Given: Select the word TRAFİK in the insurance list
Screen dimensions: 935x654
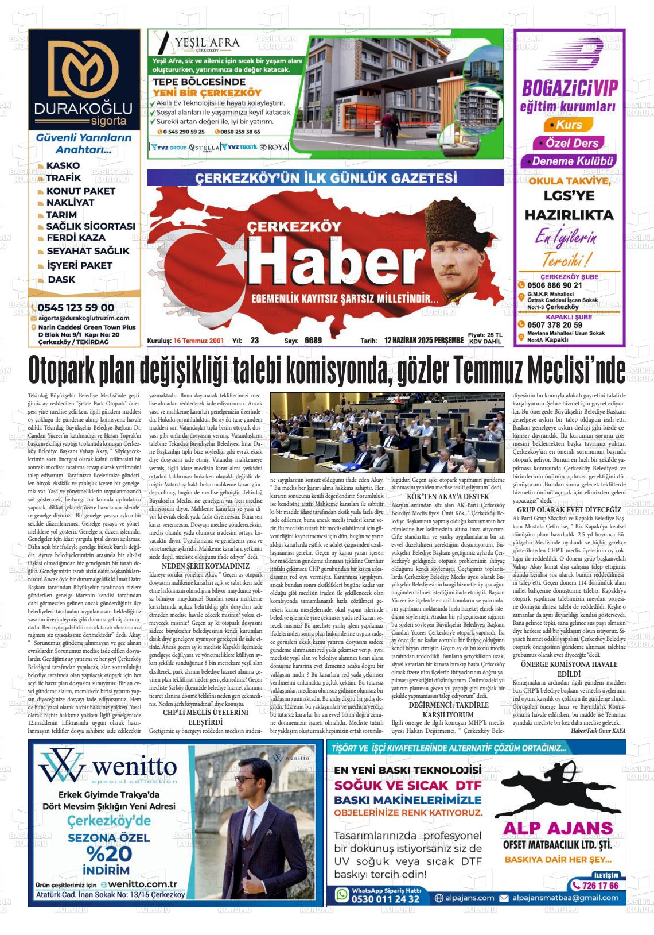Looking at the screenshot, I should tap(64, 178).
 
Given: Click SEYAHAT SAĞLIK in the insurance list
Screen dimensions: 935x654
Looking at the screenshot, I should tap(88, 251).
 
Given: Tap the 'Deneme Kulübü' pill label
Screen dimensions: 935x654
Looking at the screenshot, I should tap(573, 161).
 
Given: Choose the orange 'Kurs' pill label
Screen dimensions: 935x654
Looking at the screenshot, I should tap(569, 125).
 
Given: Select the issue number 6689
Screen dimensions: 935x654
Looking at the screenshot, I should tap(313, 341).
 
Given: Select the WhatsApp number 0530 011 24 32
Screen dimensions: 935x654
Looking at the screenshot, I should tap(385, 899).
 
